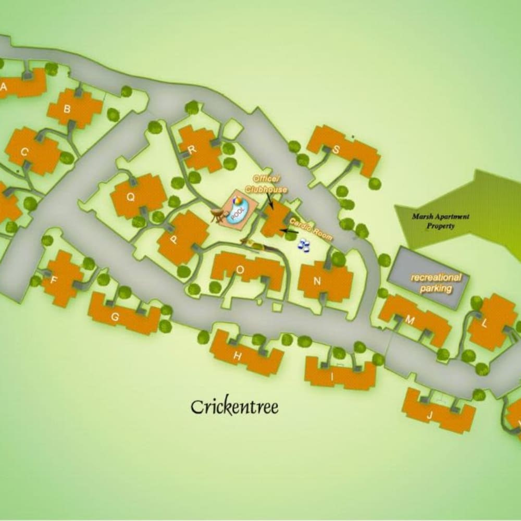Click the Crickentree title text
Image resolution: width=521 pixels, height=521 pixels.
[234, 406]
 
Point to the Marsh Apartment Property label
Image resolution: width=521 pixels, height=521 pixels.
[440, 221]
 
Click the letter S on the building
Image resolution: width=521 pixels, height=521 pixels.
[336, 150]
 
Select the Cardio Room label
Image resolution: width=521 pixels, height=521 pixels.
[309, 229]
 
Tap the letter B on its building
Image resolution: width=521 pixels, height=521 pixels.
[67, 109]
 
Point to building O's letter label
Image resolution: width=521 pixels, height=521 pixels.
[240, 270]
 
